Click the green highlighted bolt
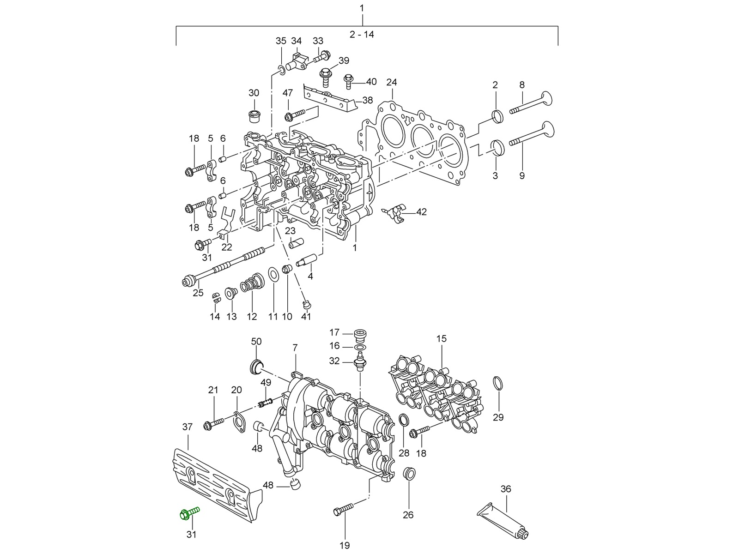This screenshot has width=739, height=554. pos(188,513)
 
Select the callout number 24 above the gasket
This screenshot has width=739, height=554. pos(391,83)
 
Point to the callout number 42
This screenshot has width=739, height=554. pos(421,212)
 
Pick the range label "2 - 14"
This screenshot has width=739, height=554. pos(362,35)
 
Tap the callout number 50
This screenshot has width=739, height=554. pos(256,342)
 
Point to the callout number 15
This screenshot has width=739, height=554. pos(441,339)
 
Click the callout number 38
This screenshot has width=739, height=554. pos(367,100)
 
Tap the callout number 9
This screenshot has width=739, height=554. pos(521,175)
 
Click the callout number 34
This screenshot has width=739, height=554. pos(296,41)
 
